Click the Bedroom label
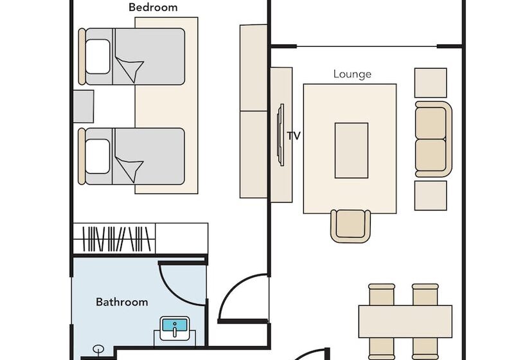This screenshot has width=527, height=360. [x=153, y=7]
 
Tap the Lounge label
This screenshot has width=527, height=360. [x=352, y=74]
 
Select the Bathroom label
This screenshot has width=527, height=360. [x=121, y=302]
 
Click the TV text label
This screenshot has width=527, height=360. [x=294, y=136]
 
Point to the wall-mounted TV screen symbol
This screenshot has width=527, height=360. [x=280, y=135]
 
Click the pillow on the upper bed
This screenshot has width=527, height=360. [x=98, y=57]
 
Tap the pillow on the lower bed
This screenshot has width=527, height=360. [x=98, y=156]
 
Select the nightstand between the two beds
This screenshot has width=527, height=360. [x=84, y=106]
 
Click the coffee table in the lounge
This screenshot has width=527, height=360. [x=351, y=150]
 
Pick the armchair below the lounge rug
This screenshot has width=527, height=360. [x=350, y=226]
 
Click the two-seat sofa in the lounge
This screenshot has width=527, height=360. [x=433, y=139]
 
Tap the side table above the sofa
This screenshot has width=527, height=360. [x=431, y=83]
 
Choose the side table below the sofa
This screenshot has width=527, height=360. [x=431, y=195]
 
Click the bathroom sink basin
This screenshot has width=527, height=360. [x=174, y=328]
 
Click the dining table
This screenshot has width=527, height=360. [x=405, y=321]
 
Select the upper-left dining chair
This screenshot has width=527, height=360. [x=382, y=294]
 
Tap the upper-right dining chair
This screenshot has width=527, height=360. [x=425, y=294]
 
